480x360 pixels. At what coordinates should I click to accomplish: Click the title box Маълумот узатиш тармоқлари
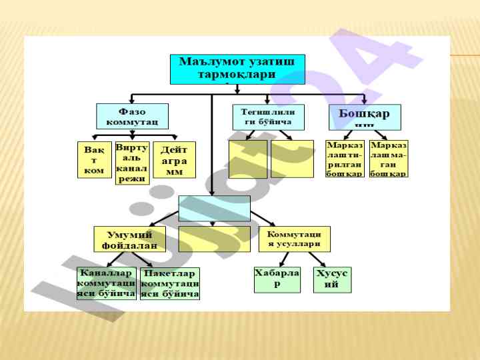(237, 69)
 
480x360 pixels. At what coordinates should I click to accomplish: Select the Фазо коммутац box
(132, 116)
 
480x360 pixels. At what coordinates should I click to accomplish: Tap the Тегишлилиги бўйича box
(268, 117)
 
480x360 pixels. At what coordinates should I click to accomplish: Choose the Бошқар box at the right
(365, 117)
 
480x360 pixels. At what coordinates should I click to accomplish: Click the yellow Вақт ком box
(95, 160)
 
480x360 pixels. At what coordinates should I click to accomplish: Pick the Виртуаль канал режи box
(132, 163)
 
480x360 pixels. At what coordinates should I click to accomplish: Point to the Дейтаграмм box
(174, 160)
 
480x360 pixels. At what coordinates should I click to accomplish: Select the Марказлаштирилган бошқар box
(345, 159)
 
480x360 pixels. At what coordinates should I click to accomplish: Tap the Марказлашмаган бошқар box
(389, 159)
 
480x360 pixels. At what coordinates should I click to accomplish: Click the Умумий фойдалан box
(129, 239)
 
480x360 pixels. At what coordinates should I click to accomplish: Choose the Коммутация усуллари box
(294, 239)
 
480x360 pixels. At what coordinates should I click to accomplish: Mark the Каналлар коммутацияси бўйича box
(106, 283)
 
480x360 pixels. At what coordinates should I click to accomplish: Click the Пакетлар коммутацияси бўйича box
(170, 283)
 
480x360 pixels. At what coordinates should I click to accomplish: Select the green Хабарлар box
(277, 279)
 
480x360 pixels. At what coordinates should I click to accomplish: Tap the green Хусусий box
(332, 279)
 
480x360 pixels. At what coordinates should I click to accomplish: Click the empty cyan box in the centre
(214, 208)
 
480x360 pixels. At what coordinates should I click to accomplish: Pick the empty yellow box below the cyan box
(214, 239)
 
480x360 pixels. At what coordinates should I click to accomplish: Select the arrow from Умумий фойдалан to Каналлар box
(115, 259)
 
